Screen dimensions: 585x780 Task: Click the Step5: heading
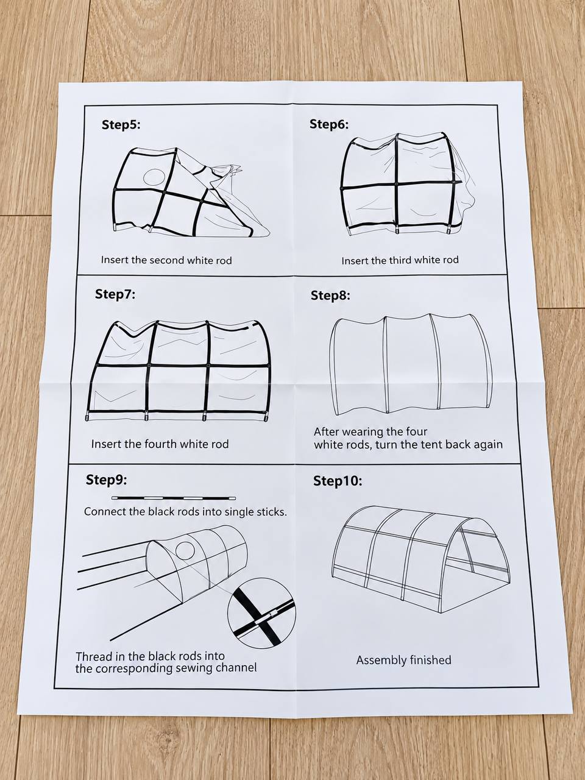tap(121, 125)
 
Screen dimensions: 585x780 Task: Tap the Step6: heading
tap(329, 124)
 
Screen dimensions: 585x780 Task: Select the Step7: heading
tap(115, 294)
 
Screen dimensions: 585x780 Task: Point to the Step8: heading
tap(330, 296)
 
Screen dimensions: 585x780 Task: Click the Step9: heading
tap(106, 480)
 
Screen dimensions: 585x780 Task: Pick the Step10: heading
tap(338, 481)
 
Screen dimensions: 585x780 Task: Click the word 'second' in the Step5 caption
tap(167, 260)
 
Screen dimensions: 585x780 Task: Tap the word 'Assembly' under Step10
tap(381, 661)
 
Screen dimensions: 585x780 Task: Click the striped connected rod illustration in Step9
tap(174, 498)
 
